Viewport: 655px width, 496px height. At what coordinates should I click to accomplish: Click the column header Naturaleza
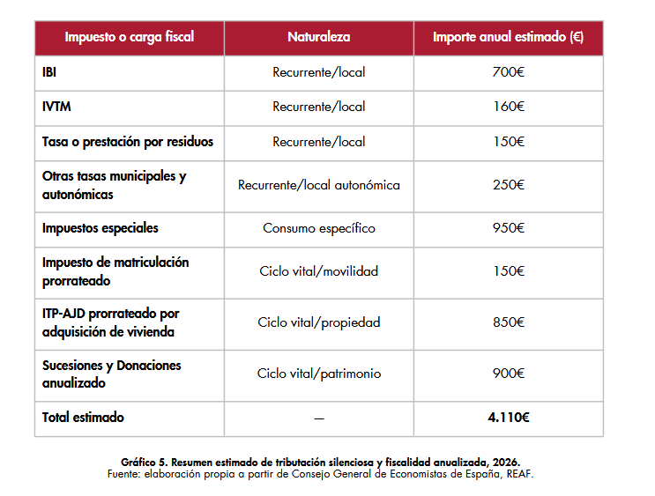click(x=319, y=37)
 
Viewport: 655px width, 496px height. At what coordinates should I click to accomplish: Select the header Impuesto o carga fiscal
click(x=130, y=38)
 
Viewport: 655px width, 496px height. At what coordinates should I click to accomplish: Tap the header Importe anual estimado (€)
click(x=508, y=38)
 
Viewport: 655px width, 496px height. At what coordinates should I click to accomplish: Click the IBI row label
click(x=49, y=72)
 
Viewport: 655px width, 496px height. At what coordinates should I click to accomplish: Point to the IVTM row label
click(x=56, y=107)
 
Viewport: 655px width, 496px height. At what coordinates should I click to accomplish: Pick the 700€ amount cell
click(x=509, y=72)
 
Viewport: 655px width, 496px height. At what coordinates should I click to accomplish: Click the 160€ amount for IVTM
click(x=509, y=107)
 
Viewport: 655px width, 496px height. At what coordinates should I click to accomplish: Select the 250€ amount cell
click(x=509, y=185)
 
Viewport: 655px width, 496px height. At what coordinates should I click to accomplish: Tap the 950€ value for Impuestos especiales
click(x=509, y=228)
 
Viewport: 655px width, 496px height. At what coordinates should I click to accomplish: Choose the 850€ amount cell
click(x=509, y=322)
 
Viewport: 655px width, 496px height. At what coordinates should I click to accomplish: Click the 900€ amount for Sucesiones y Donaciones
click(x=509, y=374)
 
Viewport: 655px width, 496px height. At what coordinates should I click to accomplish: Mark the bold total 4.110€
click(x=509, y=418)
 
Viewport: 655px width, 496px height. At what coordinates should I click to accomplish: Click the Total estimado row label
click(x=83, y=418)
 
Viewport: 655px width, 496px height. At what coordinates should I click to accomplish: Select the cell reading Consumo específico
click(x=319, y=228)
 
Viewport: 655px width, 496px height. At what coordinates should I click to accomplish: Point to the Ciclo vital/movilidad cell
click(x=319, y=271)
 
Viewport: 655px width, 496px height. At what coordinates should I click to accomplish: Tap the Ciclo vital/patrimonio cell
click(x=319, y=374)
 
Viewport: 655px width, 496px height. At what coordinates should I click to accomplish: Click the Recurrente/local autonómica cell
click(x=319, y=185)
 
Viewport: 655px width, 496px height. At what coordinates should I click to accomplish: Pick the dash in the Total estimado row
click(x=319, y=418)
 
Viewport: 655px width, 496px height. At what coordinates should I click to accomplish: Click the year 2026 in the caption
click(x=506, y=463)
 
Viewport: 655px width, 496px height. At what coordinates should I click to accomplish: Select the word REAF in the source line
click(x=519, y=474)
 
